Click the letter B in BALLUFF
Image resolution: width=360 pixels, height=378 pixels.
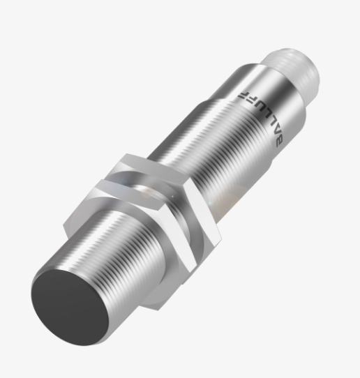(x=280, y=142)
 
